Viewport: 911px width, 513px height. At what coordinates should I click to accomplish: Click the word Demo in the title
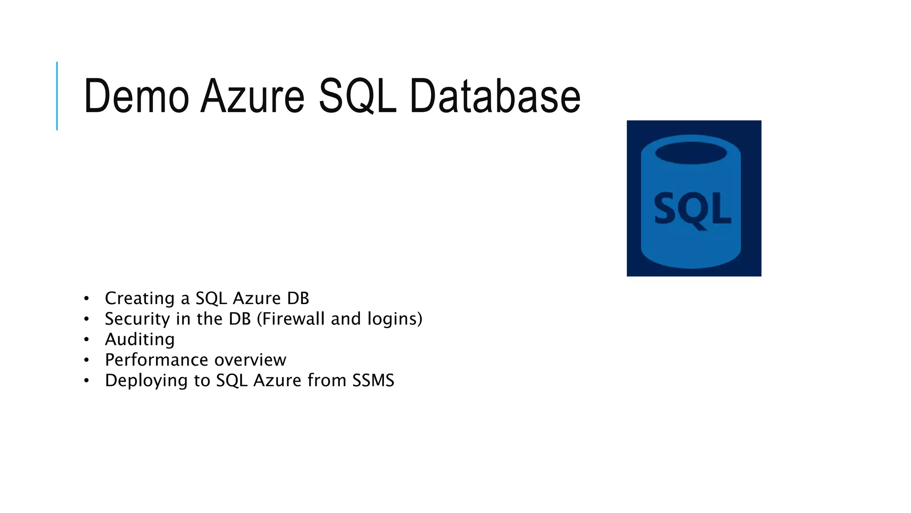pyautogui.click(x=136, y=96)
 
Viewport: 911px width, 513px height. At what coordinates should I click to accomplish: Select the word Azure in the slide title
pyautogui.click(x=252, y=96)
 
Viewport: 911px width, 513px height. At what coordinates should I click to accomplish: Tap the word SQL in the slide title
pyautogui.click(x=357, y=96)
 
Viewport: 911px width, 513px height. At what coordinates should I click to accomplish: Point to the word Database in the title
pyautogui.click(x=495, y=96)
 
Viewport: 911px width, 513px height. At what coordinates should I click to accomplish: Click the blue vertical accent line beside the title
pyautogui.click(x=57, y=96)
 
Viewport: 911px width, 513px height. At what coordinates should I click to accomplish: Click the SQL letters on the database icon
pyautogui.click(x=692, y=209)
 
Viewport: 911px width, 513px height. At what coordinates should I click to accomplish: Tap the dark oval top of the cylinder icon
pyautogui.click(x=691, y=153)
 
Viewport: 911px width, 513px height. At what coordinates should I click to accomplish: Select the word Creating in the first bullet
pyautogui.click(x=140, y=298)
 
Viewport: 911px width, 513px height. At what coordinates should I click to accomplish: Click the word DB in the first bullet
pyautogui.click(x=298, y=298)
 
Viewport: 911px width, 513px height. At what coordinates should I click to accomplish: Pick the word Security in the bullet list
pyautogui.click(x=137, y=319)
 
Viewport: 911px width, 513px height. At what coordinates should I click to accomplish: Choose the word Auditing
pyautogui.click(x=140, y=340)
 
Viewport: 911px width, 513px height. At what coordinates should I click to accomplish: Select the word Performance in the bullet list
pyautogui.click(x=157, y=360)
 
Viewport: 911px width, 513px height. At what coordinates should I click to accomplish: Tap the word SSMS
pyautogui.click(x=373, y=380)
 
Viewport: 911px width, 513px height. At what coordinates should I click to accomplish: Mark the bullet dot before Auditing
pyautogui.click(x=86, y=340)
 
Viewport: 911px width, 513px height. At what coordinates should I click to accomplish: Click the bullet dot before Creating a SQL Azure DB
pyautogui.click(x=86, y=298)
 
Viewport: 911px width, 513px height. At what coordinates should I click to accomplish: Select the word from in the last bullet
pyautogui.click(x=327, y=380)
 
